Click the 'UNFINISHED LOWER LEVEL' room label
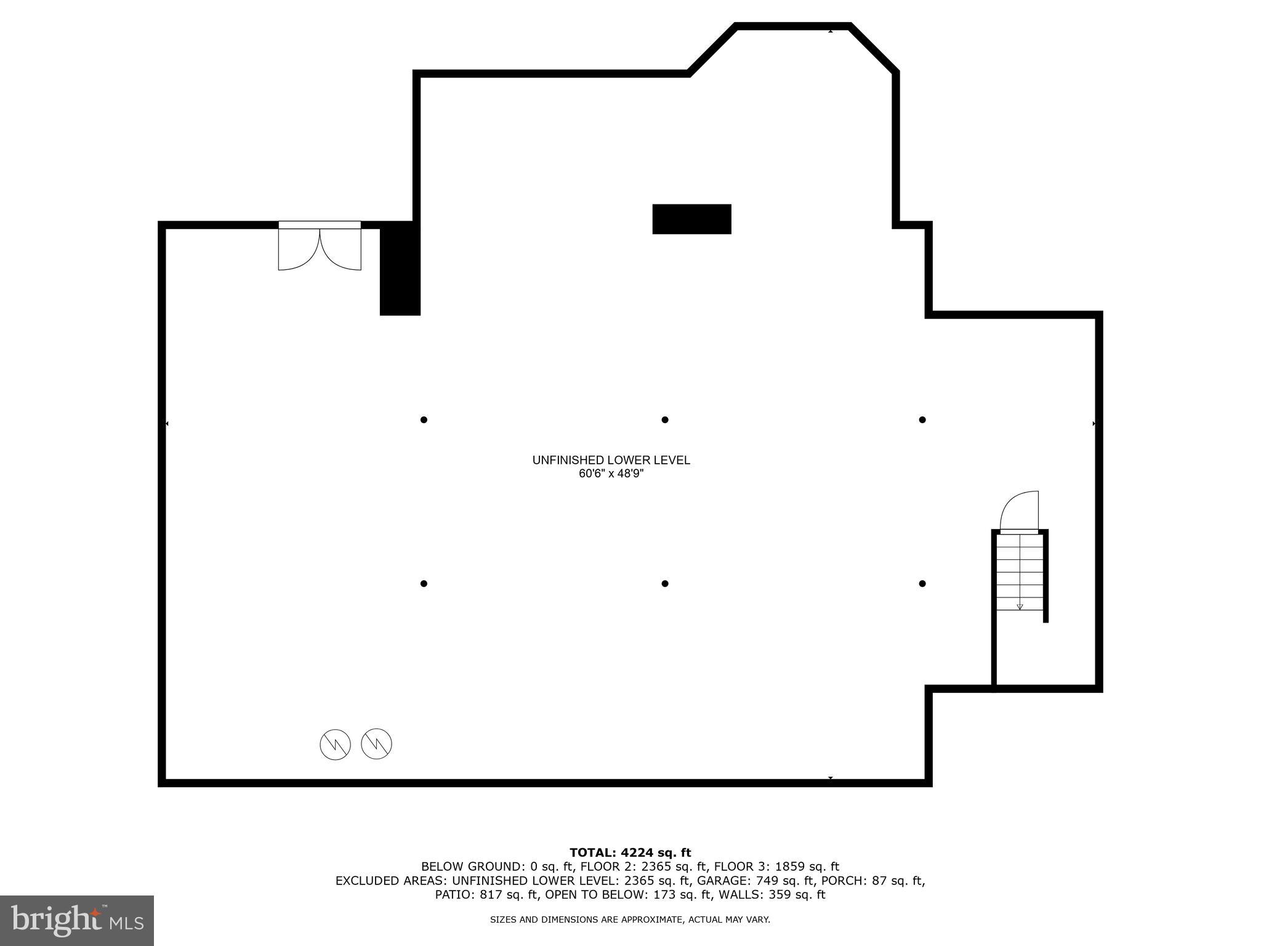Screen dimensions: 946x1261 point(611,460)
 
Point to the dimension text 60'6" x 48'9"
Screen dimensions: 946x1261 point(611,474)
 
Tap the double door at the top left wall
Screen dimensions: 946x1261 point(320,246)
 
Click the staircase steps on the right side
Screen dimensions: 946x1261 point(1020,573)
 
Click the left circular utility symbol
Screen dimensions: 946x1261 point(335,745)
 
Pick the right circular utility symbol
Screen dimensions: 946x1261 point(377,743)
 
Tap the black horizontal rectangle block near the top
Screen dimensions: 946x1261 point(691,219)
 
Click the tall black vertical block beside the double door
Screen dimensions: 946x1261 point(400,269)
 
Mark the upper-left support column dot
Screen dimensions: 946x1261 point(424,420)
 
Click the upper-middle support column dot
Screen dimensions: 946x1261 point(665,420)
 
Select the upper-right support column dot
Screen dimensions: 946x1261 point(922,420)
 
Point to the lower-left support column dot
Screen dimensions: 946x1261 point(424,583)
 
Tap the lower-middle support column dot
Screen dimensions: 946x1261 point(665,583)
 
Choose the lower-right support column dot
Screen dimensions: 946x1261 point(922,583)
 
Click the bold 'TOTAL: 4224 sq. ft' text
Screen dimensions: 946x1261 point(630,852)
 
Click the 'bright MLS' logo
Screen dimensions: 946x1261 point(77,920)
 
